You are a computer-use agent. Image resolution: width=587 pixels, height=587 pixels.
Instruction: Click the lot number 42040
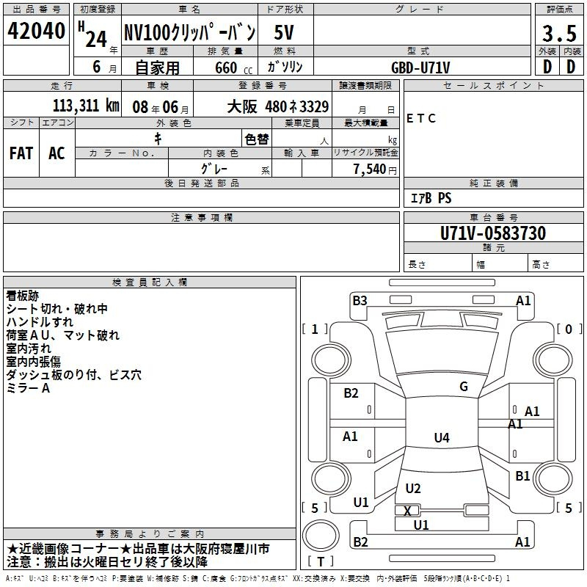(x=36, y=31)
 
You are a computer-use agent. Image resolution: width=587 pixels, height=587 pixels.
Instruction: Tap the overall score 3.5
(x=559, y=33)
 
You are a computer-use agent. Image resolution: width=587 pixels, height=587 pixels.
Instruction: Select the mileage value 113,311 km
(x=86, y=106)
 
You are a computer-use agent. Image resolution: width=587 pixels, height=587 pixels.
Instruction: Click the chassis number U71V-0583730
(x=493, y=233)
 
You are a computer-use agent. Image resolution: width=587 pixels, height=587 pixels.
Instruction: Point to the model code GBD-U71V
(x=420, y=68)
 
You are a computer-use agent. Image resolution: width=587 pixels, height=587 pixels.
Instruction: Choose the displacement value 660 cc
(x=233, y=68)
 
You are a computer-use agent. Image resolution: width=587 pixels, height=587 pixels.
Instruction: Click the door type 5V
(x=284, y=32)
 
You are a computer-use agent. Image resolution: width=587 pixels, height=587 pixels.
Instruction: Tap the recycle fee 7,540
(x=370, y=169)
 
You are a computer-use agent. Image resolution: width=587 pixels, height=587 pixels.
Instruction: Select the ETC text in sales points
(x=420, y=118)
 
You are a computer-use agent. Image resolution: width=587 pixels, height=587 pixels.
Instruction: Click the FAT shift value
(x=21, y=153)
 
